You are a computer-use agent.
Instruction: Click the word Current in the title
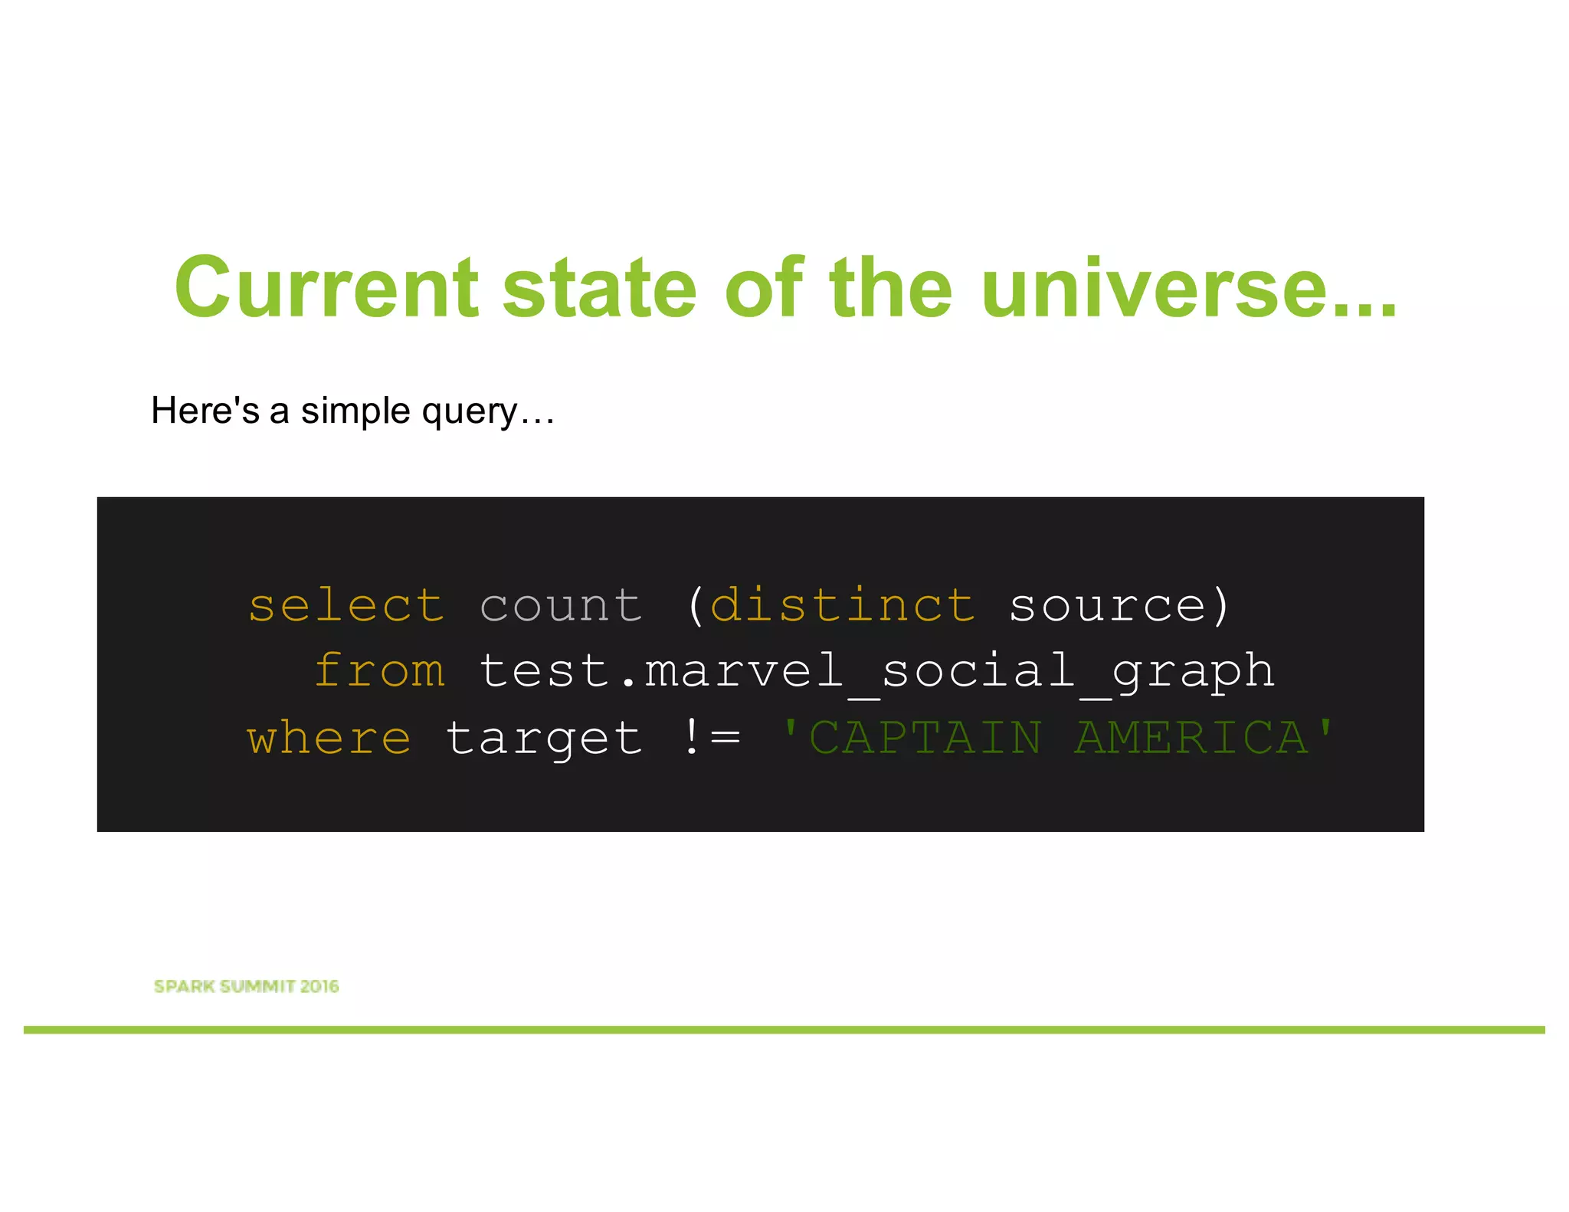326,288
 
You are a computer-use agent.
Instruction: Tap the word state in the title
599,288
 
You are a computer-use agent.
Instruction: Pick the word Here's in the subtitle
205,411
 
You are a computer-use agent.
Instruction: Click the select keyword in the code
346,606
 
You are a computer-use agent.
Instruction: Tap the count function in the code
561,606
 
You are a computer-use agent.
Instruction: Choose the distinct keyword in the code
843,606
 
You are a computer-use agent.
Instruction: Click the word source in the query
1108,606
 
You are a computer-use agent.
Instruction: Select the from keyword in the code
380,672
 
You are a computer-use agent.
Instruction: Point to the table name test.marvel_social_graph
876,672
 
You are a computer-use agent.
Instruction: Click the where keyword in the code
329,739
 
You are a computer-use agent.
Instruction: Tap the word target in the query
544,740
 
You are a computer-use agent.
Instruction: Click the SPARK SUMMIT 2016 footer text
246,986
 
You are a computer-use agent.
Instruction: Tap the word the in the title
890,288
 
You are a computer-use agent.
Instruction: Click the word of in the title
764,288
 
